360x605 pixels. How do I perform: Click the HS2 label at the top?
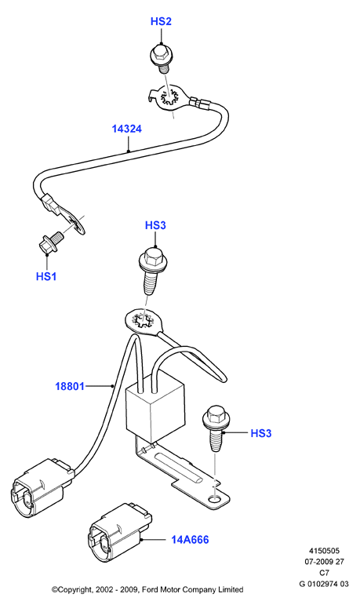click(161, 22)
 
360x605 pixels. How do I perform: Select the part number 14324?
click(127, 129)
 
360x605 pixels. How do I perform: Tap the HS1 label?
click(46, 277)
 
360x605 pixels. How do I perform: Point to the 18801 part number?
click(70, 386)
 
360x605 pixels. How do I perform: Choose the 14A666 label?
click(190, 539)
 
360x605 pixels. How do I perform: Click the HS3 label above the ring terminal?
click(155, 225)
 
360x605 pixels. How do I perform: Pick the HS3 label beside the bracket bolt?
click(261, 433)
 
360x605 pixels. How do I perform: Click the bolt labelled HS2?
click(159, 59)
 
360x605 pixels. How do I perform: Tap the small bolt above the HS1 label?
click(49, 242)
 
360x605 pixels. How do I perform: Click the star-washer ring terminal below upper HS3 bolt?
click(143, 319)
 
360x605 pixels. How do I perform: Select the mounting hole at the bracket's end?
click(216, 500)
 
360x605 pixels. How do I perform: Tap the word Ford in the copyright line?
click(151, 589)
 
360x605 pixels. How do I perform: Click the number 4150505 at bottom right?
click(324, 551)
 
